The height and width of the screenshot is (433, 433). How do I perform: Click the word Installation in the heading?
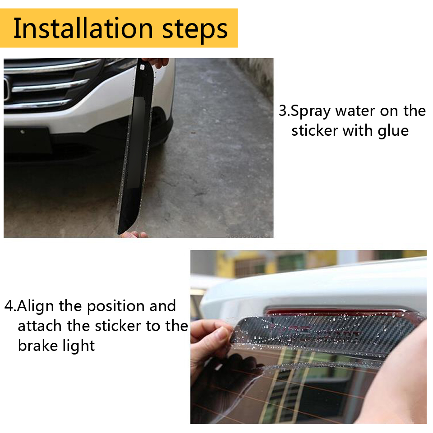pyautogui.click(x=83, y=28)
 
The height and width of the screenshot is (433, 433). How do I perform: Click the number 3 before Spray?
pyautogui.click(x=283, y=111)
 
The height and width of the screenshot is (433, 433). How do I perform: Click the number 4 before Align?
pyautogui.click(x=9, y=306)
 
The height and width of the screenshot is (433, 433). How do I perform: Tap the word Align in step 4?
pyautogui.click(x=35, y=307)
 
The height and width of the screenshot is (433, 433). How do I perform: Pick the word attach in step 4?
pyautogui.click(x=40, y=326)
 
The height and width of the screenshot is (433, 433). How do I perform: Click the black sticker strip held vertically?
pyautogui.click(x=135, y=146)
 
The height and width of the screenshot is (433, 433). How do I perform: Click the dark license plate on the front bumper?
pyautogui.click(x=28, y=141)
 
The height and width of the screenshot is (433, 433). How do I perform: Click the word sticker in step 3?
pyautogui.click(x=314, y=130)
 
